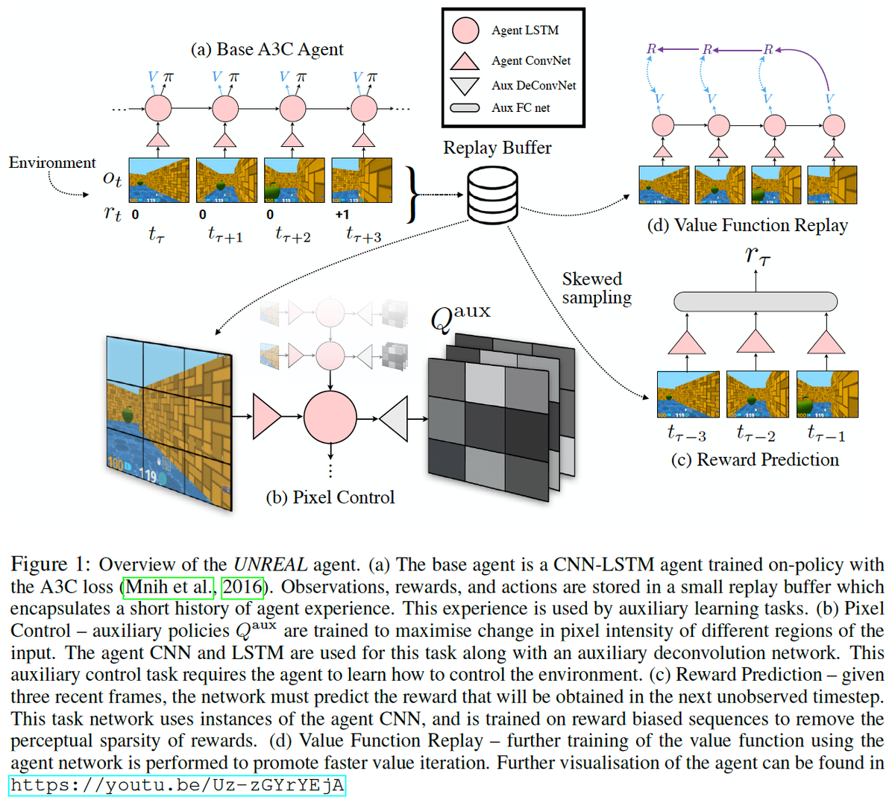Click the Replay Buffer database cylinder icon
pos(492,195)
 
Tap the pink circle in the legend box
pos(465,31)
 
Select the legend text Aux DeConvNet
pos(533,86)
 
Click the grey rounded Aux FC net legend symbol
pos(465,108)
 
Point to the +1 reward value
pos(342,215)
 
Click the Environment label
pos(52,163)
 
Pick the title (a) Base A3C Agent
pos(267,50)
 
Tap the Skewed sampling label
pos(597,289)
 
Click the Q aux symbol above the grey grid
pos(459,317)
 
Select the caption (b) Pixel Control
pos(330,497)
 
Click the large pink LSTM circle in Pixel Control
pos(330,417)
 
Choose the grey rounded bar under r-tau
pos(755,301)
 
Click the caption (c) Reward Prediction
pos(755,460)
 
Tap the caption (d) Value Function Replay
pos(747,225)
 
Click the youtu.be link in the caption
pos(178,786)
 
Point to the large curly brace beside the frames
pos(412,194)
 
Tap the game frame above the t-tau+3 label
pos(362,180)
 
